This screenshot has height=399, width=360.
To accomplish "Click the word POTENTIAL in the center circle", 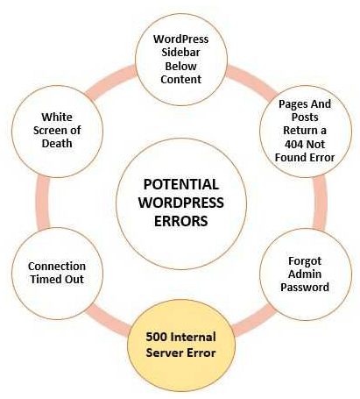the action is [x=181, y=185].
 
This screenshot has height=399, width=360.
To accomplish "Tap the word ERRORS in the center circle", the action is [x=181, y=221].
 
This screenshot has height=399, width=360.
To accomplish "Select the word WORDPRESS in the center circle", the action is [x=181, y=203].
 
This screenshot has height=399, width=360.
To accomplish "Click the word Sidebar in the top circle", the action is [x=180, y=53].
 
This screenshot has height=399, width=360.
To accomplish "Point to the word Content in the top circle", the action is [x=181, y=79].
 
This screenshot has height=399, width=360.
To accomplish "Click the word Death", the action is [x=57, y=143].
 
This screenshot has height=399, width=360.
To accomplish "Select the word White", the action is [x=57, y=117].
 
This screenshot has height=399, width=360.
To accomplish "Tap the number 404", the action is [x=294, y=144].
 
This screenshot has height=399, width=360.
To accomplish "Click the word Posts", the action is [x=305, y=118].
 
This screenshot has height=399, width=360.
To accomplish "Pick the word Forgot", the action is [x=305, y=261].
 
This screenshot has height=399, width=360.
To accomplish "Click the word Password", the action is [x=305, y=287].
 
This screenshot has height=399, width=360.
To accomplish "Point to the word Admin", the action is [x=305, y=274].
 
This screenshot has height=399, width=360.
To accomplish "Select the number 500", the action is [x=156, y=337].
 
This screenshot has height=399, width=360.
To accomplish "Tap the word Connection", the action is [x=57, y=267].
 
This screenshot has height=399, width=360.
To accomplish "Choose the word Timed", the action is [x=46, y=279].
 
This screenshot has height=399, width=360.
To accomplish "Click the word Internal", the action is [x=193, y=337].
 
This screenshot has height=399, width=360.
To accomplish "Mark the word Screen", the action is [x=51, y=130].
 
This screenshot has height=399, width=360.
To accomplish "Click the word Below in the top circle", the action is [x=180, y=66].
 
